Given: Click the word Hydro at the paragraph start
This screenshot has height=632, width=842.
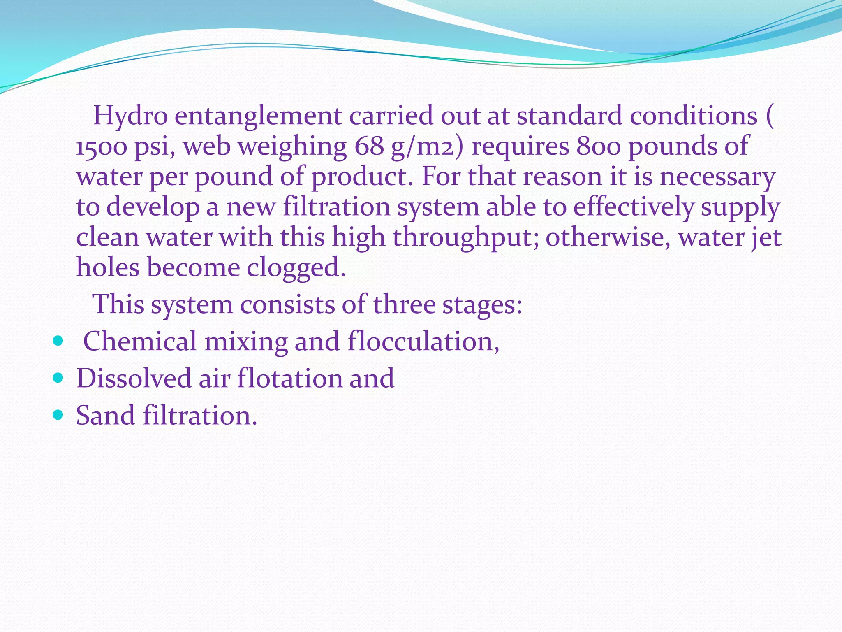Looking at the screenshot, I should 130,116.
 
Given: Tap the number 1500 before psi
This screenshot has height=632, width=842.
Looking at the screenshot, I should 101,146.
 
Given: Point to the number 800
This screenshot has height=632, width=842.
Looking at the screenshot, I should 598,146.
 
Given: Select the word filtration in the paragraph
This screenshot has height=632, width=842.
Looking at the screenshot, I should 336,207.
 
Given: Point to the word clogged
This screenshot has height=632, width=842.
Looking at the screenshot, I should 296,268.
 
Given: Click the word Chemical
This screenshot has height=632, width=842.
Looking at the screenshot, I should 140,342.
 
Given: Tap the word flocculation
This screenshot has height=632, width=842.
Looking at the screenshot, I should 423,342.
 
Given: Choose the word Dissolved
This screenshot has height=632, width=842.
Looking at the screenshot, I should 134,379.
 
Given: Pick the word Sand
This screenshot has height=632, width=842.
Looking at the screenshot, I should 105,415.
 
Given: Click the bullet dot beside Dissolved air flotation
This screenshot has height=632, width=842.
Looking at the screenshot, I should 58,378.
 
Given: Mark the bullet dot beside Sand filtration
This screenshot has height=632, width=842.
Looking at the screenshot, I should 58,415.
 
